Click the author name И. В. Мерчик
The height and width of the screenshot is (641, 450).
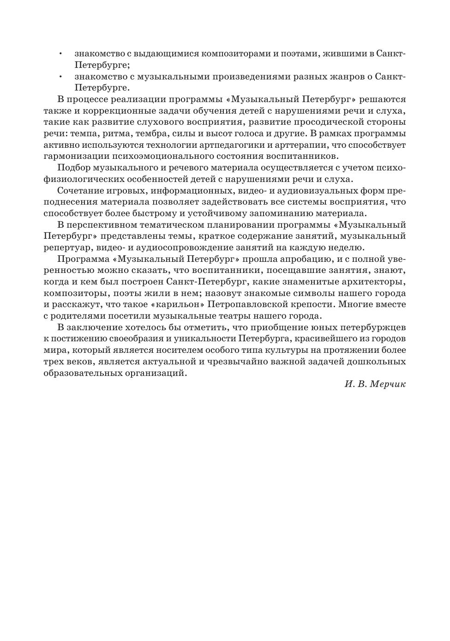pyautogui.click(x=375, y=384)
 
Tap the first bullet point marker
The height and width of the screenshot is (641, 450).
pyautogui.click(x=60, y=54)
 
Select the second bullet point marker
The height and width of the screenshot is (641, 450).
pyautogui.click(x=60, y=77)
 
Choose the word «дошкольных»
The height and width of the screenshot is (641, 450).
pyautogui.click(x=376, y=362)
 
